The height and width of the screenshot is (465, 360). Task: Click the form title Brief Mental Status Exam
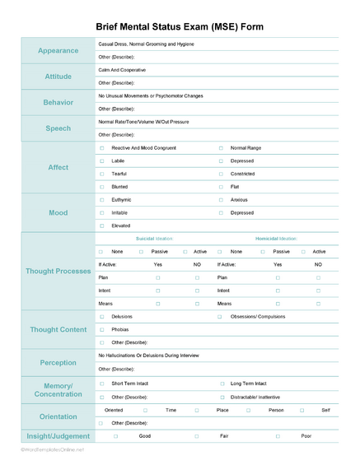pos(180,26)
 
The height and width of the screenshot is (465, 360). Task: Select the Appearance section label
pos(58,50)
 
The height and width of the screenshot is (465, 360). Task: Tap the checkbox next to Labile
pos(101,160)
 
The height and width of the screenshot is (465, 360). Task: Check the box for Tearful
pos(101,174)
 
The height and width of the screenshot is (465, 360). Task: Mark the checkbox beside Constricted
pos(221,174)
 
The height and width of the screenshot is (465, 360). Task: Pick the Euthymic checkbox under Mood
pos(101,199)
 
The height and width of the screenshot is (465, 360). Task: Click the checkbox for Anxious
pos(221,199)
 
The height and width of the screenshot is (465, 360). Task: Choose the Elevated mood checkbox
pos(101,225)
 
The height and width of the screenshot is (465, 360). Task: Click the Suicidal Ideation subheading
pos(154,238)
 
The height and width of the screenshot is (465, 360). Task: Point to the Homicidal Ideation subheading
pos(276,238)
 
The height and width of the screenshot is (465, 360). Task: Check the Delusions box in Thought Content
pos(101,316)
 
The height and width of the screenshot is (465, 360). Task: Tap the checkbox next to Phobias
pos(101,329)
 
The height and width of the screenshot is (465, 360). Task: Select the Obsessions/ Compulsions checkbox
pos(221,316)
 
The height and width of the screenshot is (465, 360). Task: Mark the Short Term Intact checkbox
pos(101,383)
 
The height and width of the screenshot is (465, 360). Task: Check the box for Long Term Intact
pos(222,383)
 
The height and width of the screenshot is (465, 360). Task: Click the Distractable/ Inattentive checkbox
pos(222,396)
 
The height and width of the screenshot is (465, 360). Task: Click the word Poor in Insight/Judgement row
pos(306,435)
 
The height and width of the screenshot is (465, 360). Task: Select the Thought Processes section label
pos(58,271)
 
